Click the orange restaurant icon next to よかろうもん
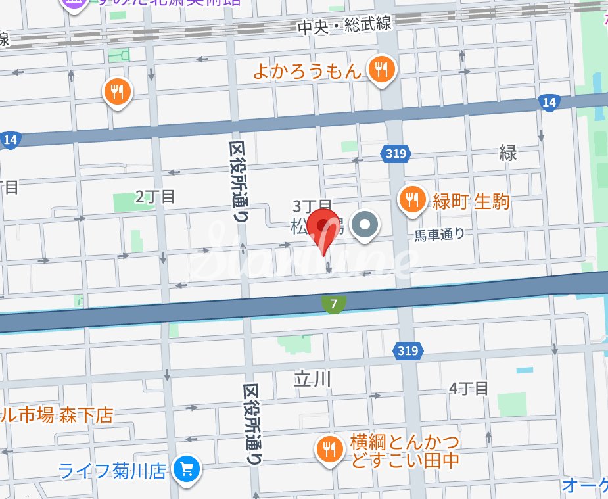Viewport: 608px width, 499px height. (381, 68)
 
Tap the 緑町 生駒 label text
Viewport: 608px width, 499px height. (471, 201)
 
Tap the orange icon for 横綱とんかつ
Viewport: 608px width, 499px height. (329, 450)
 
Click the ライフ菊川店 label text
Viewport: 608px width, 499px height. (112, 471)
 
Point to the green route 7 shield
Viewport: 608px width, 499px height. (335, 304)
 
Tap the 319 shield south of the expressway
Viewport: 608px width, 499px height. (408, 351)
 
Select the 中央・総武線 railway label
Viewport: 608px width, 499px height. (344, 26)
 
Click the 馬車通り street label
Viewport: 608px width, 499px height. (439, 233)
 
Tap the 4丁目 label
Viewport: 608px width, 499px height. (469, 389)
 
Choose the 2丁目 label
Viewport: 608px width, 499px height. (155, 196)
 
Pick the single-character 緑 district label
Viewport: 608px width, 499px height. (508, 153)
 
